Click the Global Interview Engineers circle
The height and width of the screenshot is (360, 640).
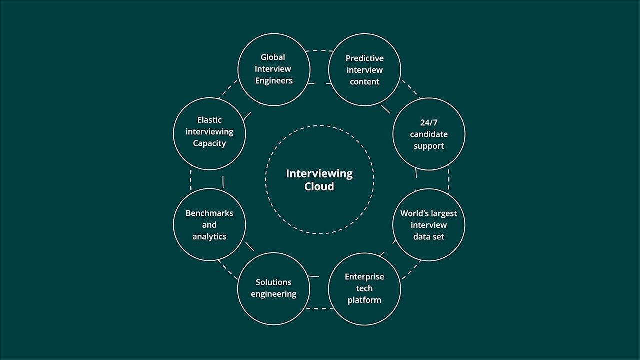pyautogui.click(x=273, y=69)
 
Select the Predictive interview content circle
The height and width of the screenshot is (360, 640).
pyautogui.click(x=365, y=70)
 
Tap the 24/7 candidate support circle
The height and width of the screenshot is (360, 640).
pyautogui.click(x=429, y=134)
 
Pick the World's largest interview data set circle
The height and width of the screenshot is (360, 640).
pyautogui.click(x=429, y=225)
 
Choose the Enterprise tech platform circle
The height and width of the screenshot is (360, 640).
pyautogui.click(x=364, y=289)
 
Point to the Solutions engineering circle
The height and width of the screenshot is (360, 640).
pyautogui.click(x=273, y=288)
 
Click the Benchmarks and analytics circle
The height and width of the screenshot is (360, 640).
pyautogui.click(x=209, y=225)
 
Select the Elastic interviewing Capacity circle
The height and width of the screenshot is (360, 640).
pyautogui.click(x=209, y=132)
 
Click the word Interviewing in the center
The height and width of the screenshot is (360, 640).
pyautogui.click(x=319, y=174)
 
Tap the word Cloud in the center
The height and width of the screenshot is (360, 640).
pyautogui.click(x=319, y=187)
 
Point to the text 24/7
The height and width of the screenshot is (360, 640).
pyautogui.click(x=429, y=122)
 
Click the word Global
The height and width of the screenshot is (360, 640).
pyautogui.click(x=273, y=57)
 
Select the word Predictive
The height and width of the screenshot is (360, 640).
pyautogui.click(x=365, y=58)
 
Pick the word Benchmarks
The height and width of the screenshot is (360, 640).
pyautogui.click(x=209, y=213)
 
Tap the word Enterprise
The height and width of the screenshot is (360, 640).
pyautogui.click(x=364, y=277)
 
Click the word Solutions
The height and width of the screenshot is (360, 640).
pyautogui.click(x=273, y=282)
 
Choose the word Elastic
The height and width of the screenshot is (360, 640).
pyautogui.click(x=209, y=120)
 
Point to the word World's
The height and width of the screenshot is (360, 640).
pyautogui.click(x=413, y=213)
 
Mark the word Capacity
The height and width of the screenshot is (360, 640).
pyautogui.click(x=209, y=144)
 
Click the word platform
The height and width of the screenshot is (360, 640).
pyautogui.click(x=364, y=300)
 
